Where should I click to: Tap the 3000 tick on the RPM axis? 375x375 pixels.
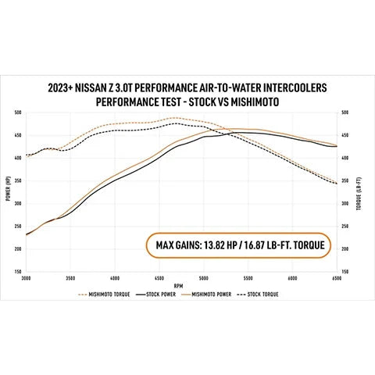pyautogui.click(x=26, y=277)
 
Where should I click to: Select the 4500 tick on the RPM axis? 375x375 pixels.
pyautogui.click(x=159, y=277)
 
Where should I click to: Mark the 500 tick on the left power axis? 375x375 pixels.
pyautogui.click(x=18, y=112)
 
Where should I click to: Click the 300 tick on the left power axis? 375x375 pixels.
pyautogui.click(x=18, y=203)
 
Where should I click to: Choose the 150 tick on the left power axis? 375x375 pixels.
pyautogui.click(x=18, y=271)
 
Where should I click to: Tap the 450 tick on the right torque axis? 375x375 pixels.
pyautogui.click(x=345, y=135)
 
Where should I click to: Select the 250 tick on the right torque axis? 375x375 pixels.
pyautogui.click(x=345, y=226)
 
